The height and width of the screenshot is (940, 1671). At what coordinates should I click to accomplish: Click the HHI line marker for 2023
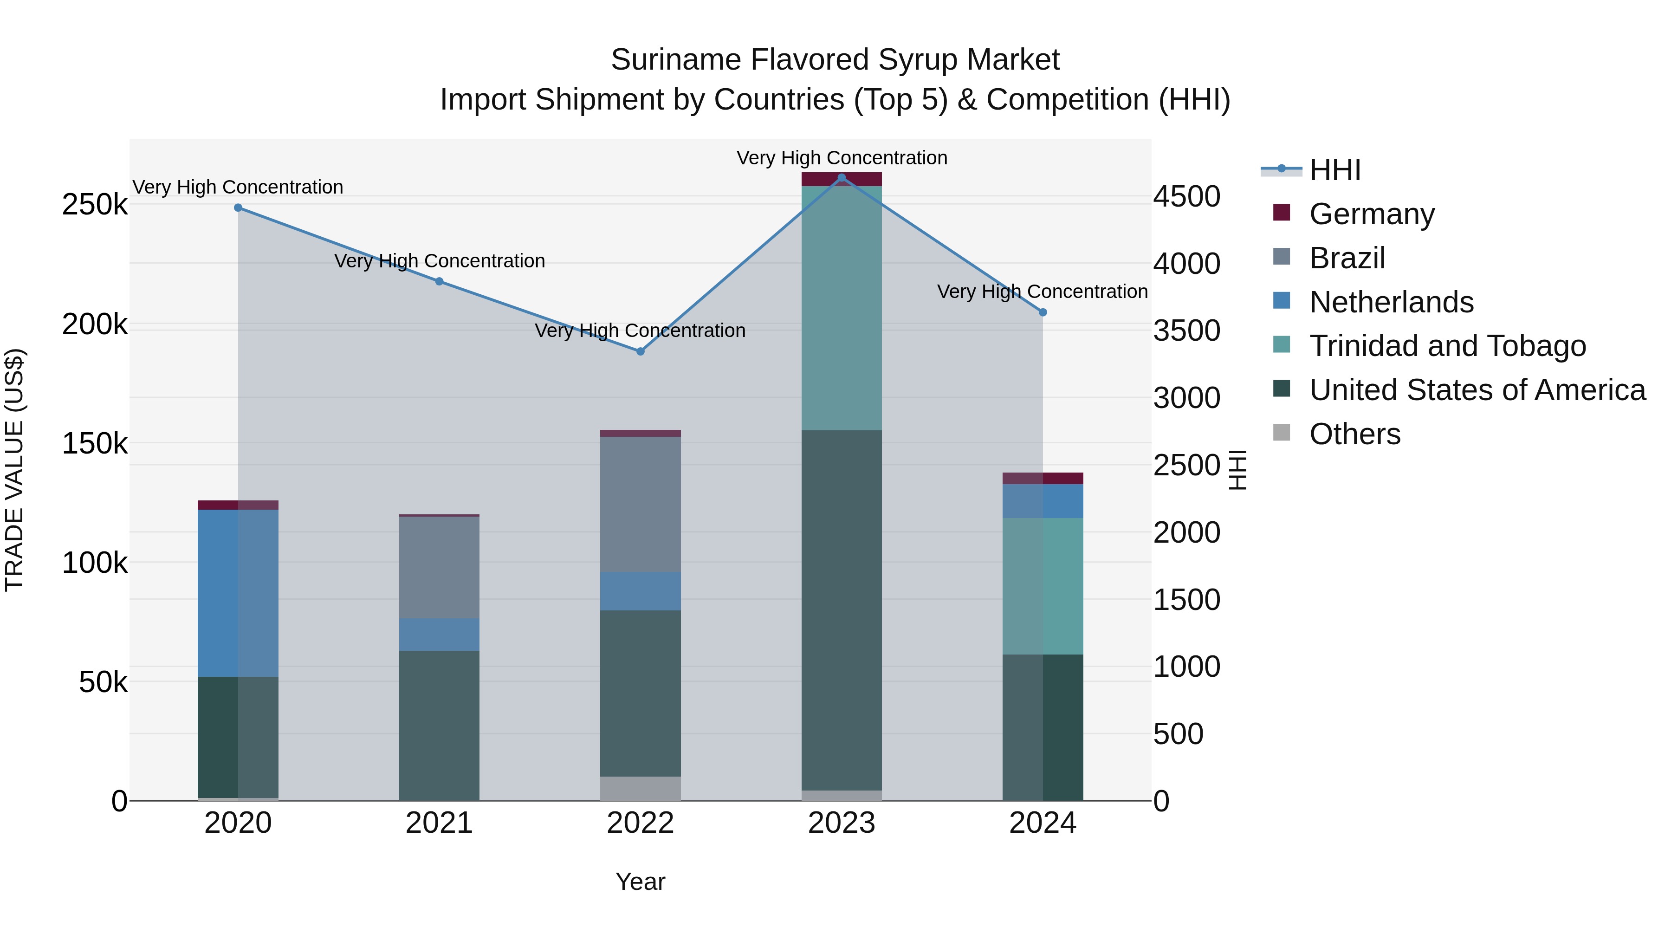pyautogui.click(x=842, y=178)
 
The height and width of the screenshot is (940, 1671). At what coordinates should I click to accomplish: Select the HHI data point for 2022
pyautogui.click(x=640, y=351)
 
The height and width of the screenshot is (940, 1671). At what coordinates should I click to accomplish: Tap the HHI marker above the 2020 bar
pyautogui.click(x=238, y=207)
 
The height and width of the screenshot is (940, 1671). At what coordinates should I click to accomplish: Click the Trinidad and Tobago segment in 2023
pyautogui.click(x=842, y=308)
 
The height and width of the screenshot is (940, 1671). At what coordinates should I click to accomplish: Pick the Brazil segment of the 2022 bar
pyautogui.click(x=640, y=504)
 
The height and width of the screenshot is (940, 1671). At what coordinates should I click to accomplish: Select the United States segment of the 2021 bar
pyautogui.click(x=439, y=725)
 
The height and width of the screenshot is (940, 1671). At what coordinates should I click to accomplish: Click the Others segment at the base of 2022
pyautogui.click(x=640, y=788)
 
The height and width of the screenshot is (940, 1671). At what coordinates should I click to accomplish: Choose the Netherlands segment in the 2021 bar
pyautogui.click(x=439, y=635)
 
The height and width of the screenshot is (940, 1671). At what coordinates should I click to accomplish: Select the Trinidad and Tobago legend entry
pyautogui.click(x=1447, y=346)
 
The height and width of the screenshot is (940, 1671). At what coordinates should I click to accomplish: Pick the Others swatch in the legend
pyautogui.click(x=1282, y=432)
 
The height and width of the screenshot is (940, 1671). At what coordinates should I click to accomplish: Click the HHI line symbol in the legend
pyautogui.click(x=1281, y=169)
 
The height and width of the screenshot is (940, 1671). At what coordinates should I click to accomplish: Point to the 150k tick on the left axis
pyautogui.click(x=95, y=444)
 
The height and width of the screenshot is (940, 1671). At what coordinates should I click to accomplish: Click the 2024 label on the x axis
pyautogui.click(x=1043, y=823)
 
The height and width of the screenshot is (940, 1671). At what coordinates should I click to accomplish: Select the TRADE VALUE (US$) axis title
pyautogui.click(x=15, y=470)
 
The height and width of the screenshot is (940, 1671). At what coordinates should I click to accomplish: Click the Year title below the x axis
pyautogui.click(x=640, y=882)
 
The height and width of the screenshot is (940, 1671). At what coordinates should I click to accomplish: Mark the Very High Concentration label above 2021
pyautogui.click(x=439, y=261)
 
